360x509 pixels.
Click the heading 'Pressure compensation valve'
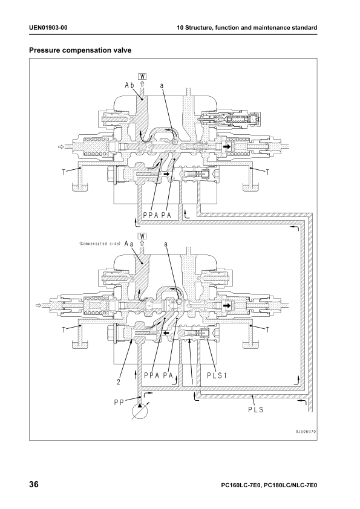click(80, 50)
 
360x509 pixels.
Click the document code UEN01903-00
click(48, 28)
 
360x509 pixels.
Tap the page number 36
click(34, 485)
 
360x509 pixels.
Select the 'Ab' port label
click(129, 85)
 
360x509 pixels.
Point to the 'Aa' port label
click(129, 244)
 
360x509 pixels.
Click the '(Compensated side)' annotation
click(100, 244)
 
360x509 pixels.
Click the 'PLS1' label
click(217, 375)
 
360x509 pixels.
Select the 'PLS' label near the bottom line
click(256, 410)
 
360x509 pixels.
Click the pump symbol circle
click(140, 412)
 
